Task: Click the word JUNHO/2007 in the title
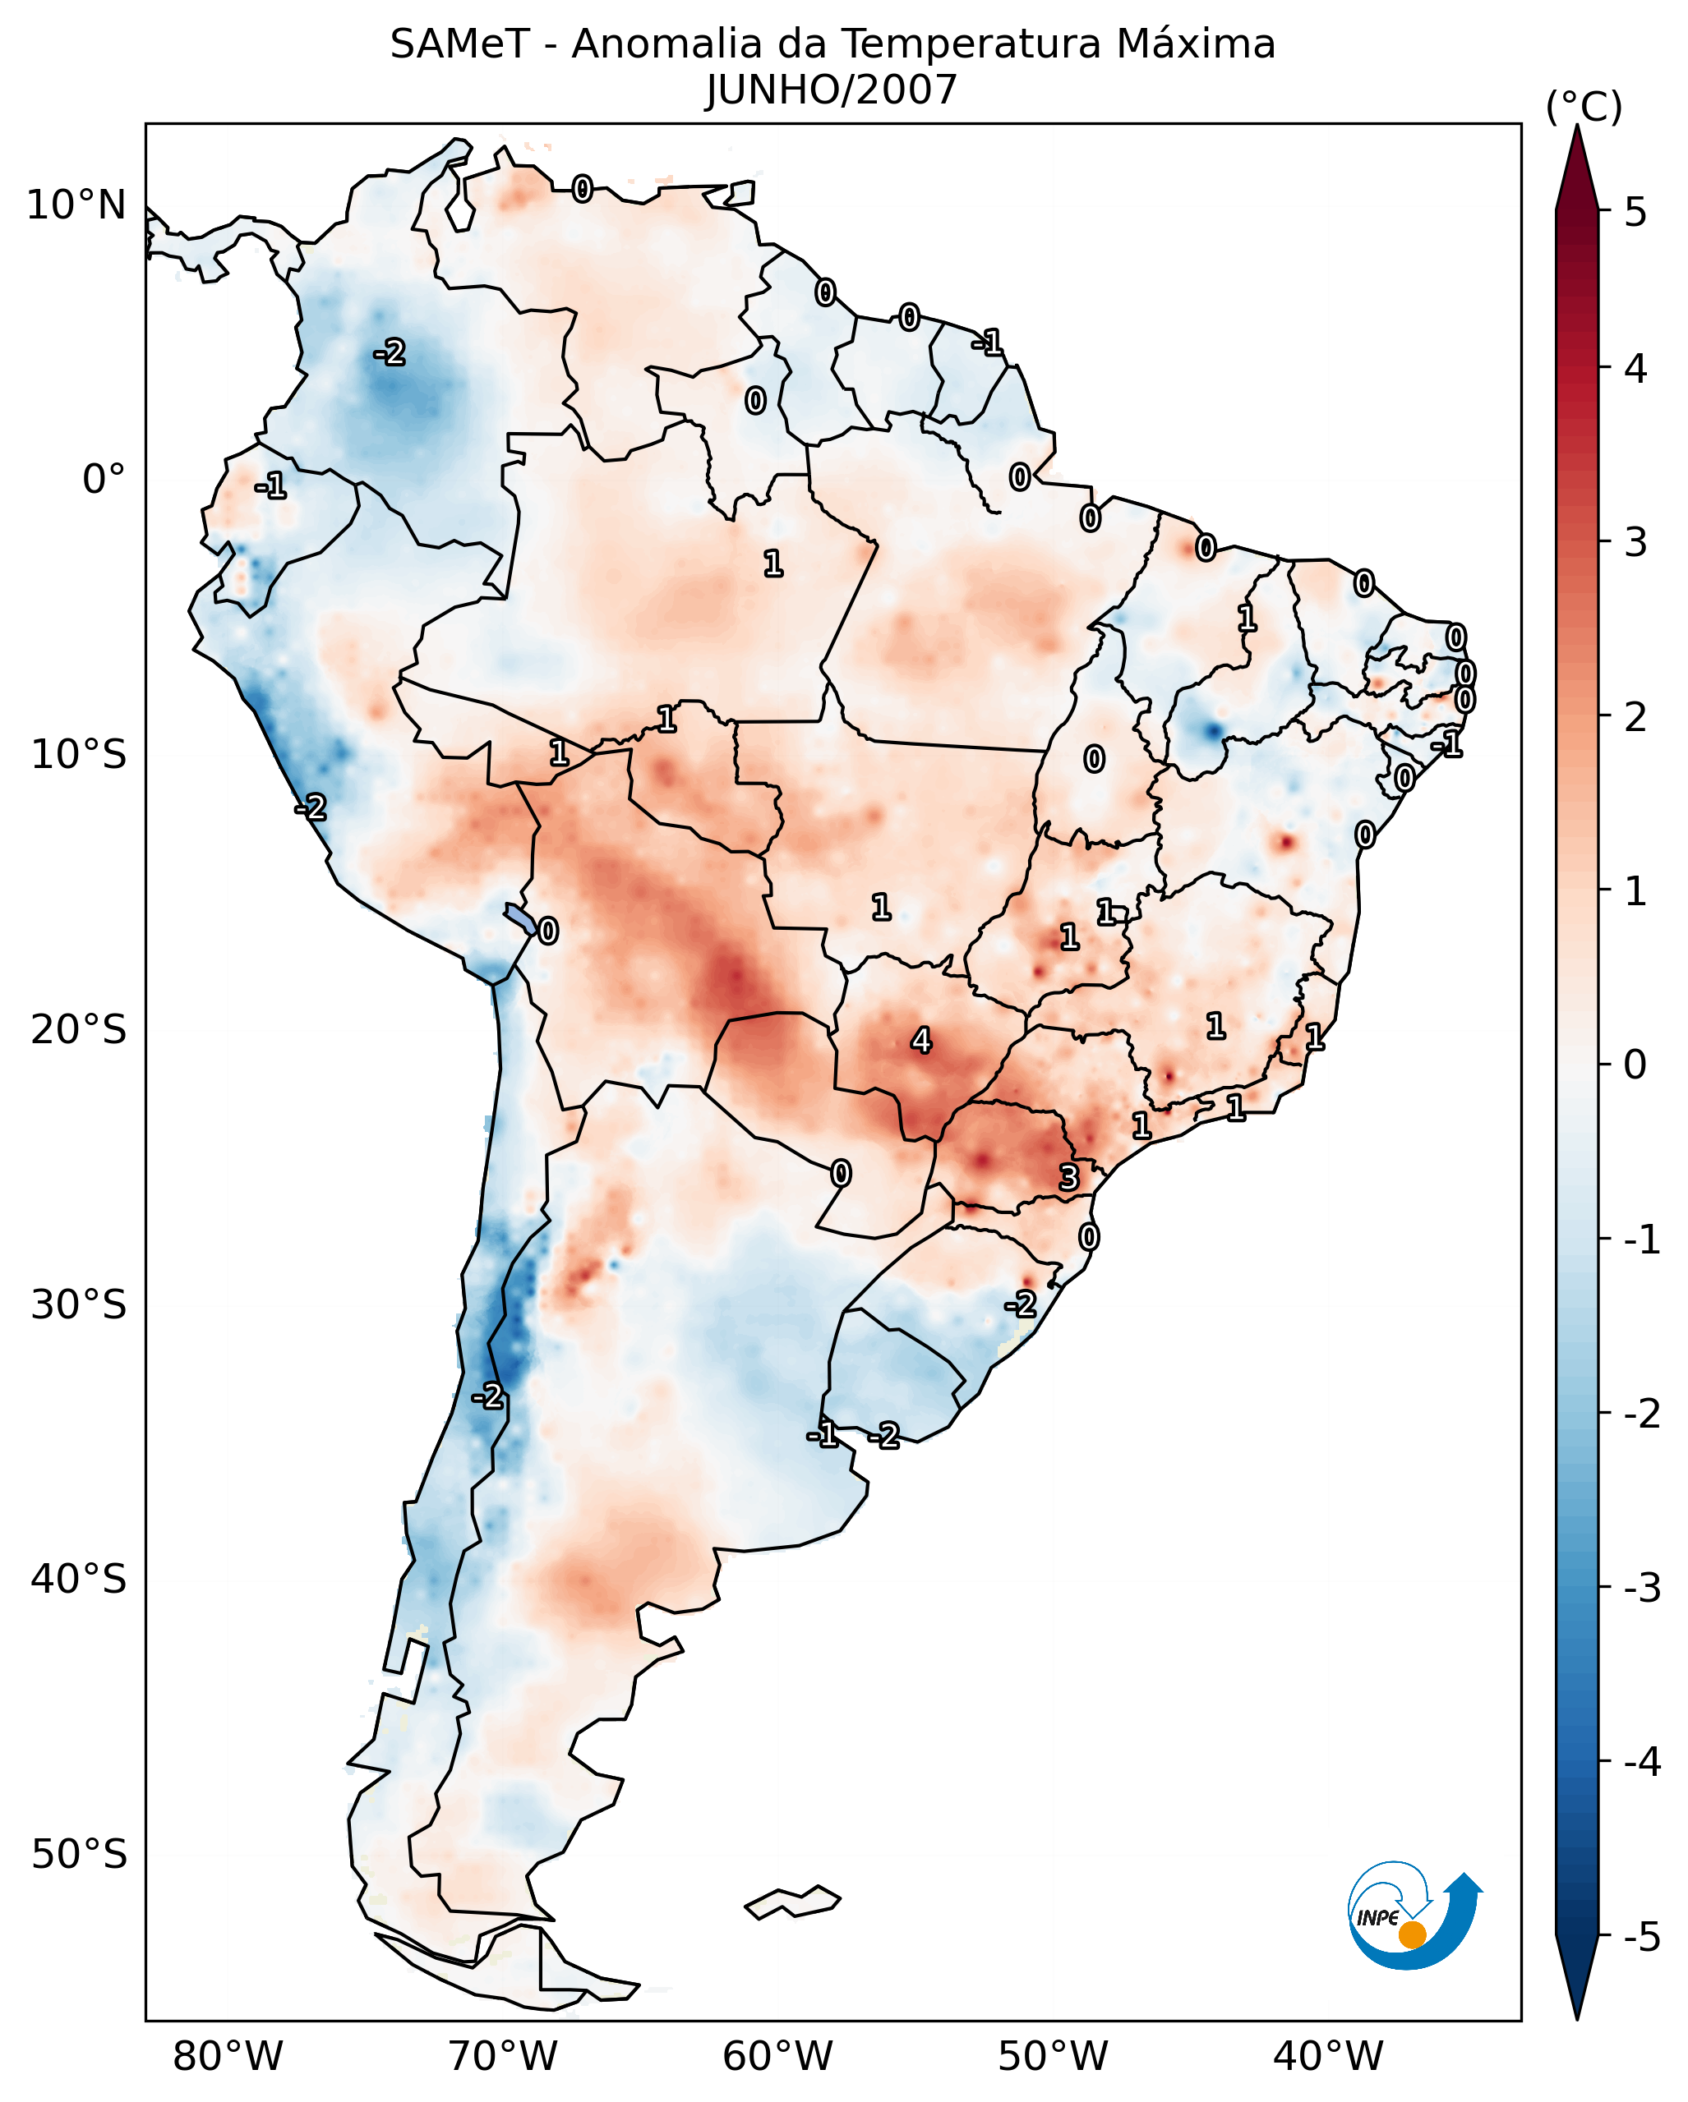pyautogui.click(x=831, y=90)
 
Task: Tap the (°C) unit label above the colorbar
pyautogui.click(x=1584, y=108)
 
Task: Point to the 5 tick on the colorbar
pyautogui.click(x=1635, y=212)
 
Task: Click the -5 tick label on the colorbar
pyautogui.click(x=1641, y=1936)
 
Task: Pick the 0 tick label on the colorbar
pyautogui.click(x=1635, y=1064)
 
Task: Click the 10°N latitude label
pyautogui.click(x=76, y=205)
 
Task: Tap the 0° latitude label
pyautogui.click(x=104, y=480)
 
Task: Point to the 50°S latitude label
pyautogui.click(x=78, y=1855)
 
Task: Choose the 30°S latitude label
pyautogui.click(x=78, y=1304)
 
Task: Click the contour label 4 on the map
pyautogui.click(x=920, y=1042)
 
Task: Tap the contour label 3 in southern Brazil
pyautogui.click(x=1069, y=1178)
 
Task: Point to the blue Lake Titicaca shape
pyautogui.click(x=519, y=918)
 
